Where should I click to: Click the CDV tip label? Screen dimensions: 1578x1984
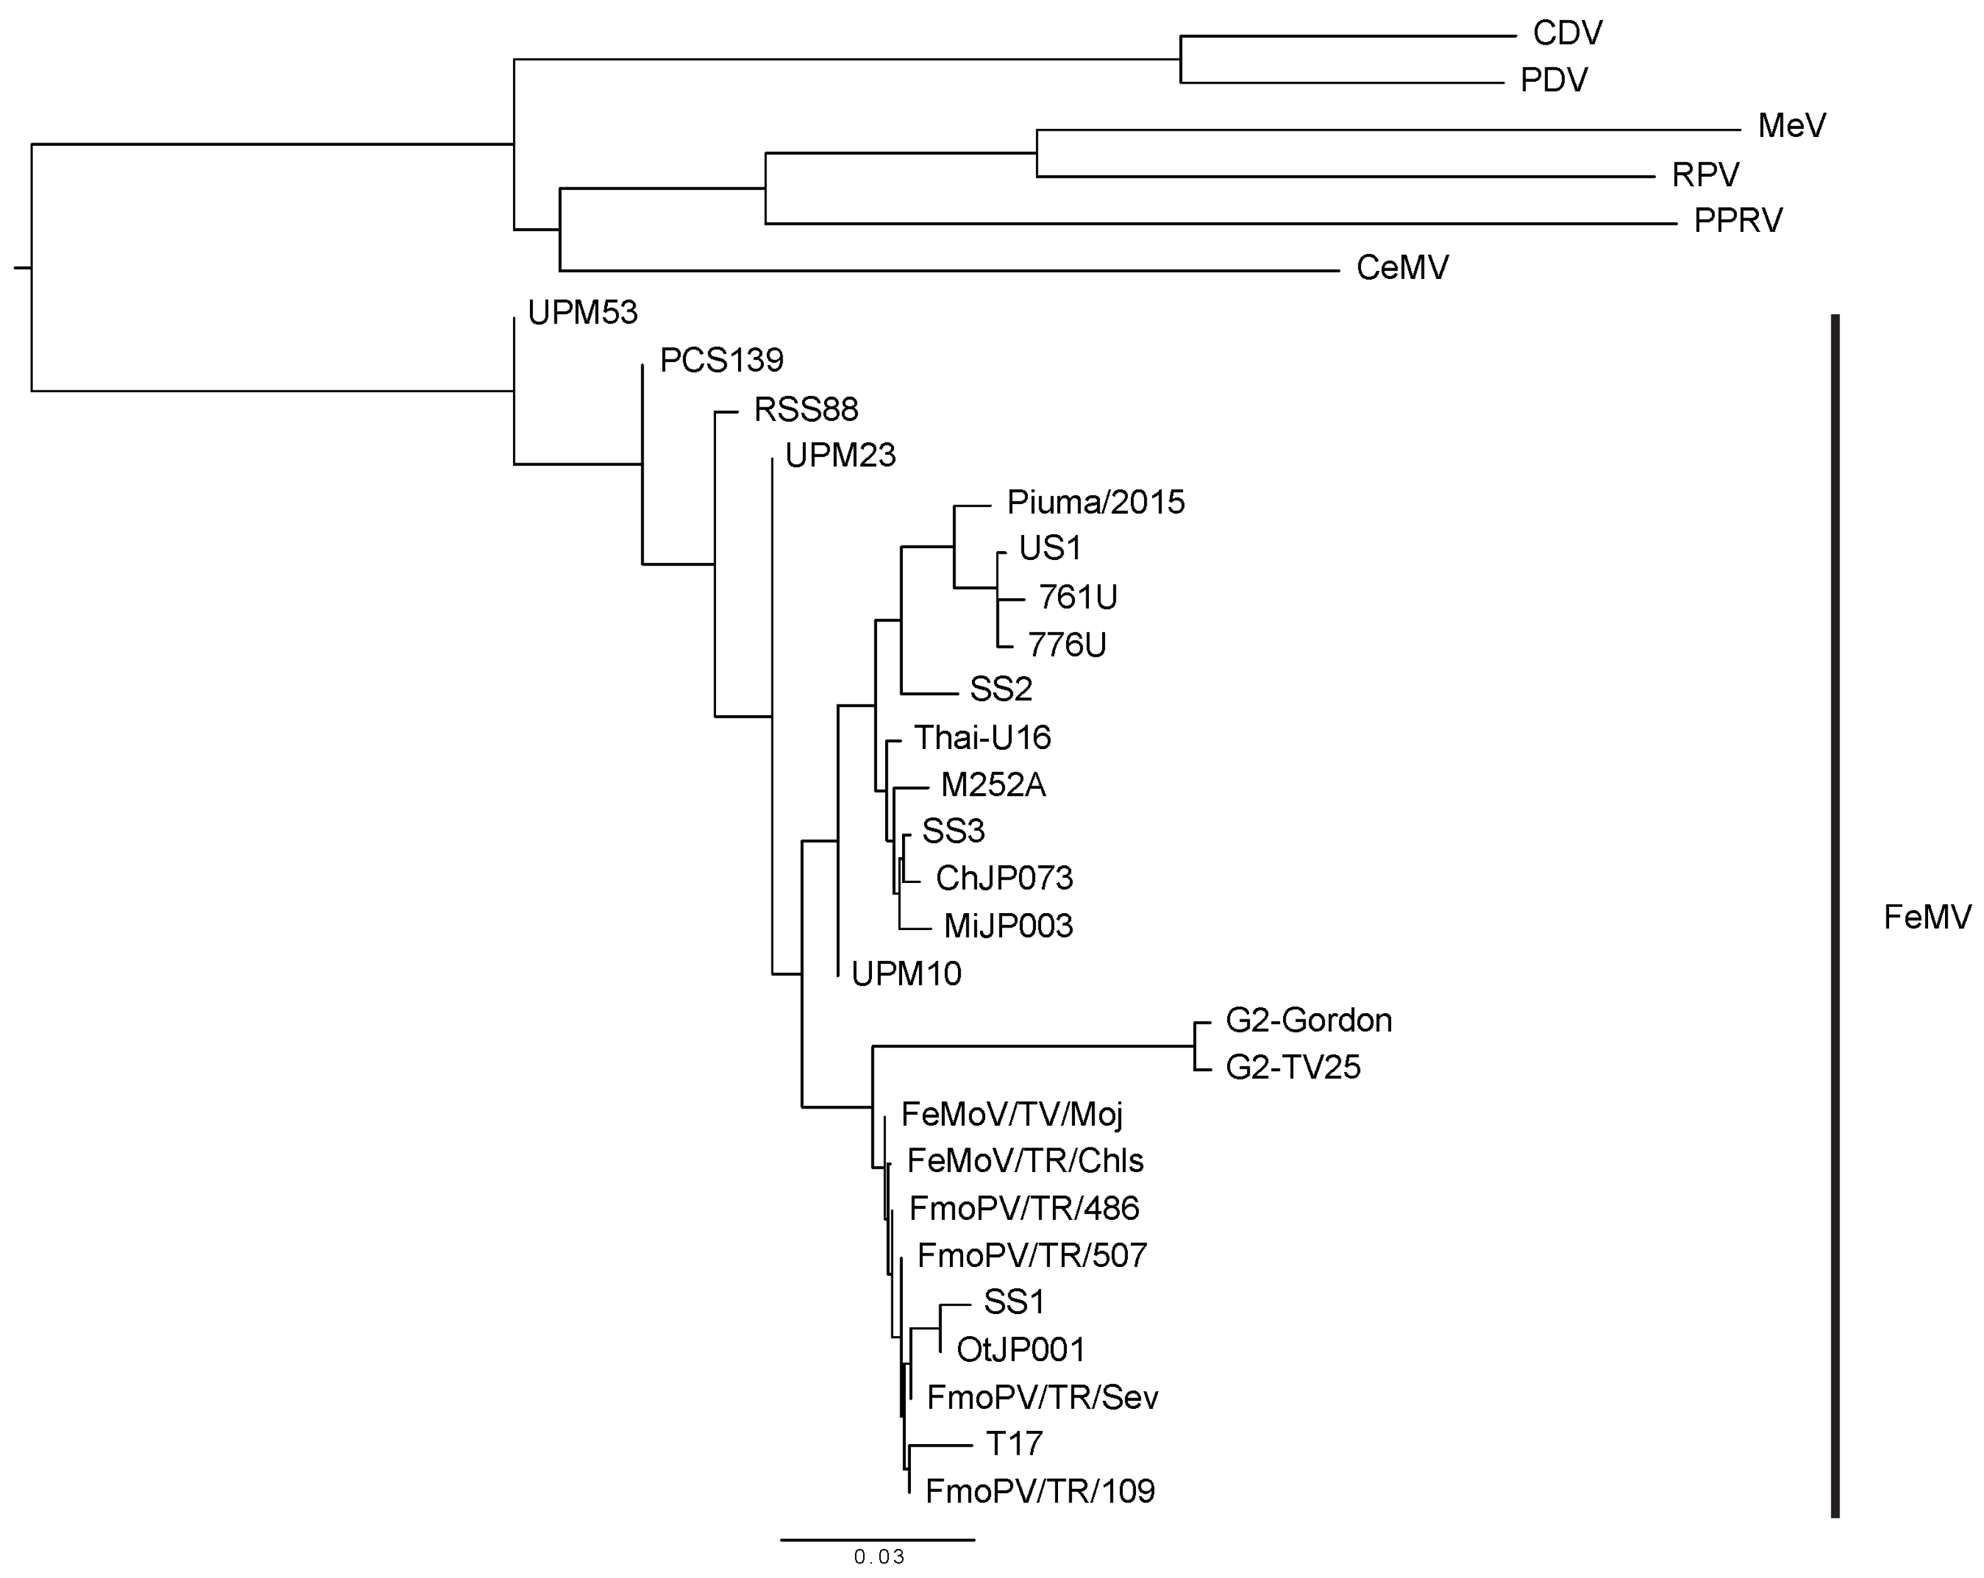[x=1567, y=33]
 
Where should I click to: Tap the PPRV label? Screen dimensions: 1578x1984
[x=1738, y=221]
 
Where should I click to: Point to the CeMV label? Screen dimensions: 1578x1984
[x=1401, y=268]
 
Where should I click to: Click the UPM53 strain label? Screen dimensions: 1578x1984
[x=581, y=313]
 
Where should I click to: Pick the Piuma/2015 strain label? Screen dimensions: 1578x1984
[x=1095, y=502]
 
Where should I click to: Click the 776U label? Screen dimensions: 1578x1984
[x=1067, y=645]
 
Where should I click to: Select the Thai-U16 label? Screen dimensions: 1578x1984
[x=982, y=737]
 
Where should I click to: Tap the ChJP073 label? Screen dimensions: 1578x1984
[x=1004, y=878]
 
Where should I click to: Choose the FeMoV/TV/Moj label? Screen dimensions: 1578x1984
[x=1011, y=1114]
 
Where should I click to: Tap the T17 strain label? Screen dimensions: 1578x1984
[x=1013, y=1444]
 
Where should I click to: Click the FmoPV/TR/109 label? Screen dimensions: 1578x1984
[x=1039, y=1491]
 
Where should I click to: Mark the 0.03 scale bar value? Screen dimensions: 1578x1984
[x=879, y=1557]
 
